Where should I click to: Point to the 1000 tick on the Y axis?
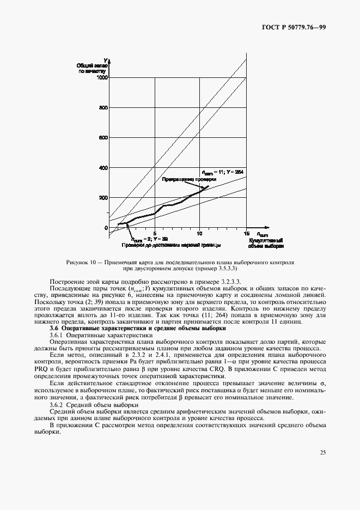pos(102,78)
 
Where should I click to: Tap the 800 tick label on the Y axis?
pos(103,108)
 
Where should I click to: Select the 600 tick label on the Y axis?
pos(103,138)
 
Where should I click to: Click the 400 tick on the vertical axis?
pos(103,168)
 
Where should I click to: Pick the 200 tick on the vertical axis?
pos(103,198)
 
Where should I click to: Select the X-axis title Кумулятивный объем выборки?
pos(266,242)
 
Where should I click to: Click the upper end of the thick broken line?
pos(208,186)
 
